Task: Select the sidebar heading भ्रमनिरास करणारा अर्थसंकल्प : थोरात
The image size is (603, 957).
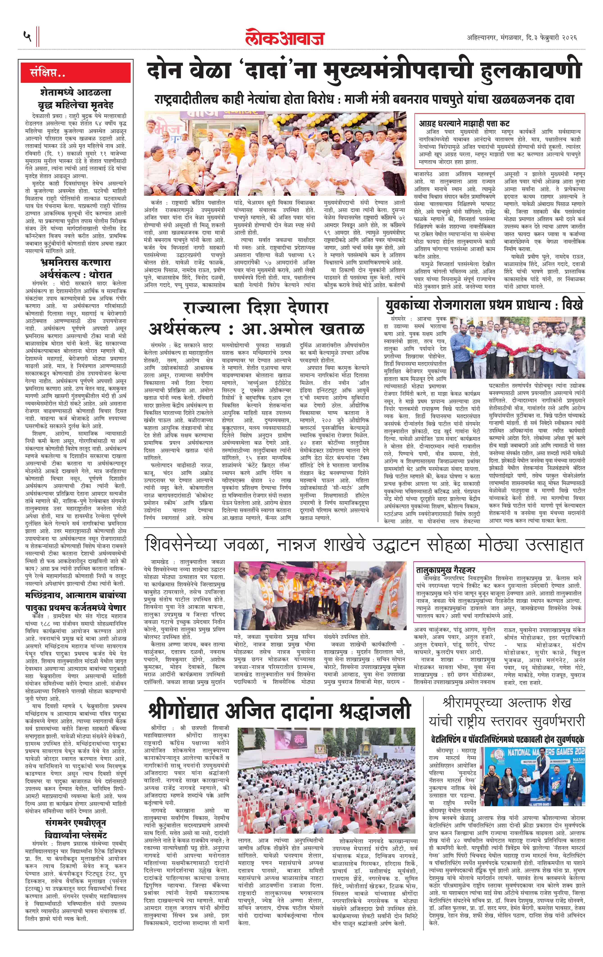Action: click(76, 269)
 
